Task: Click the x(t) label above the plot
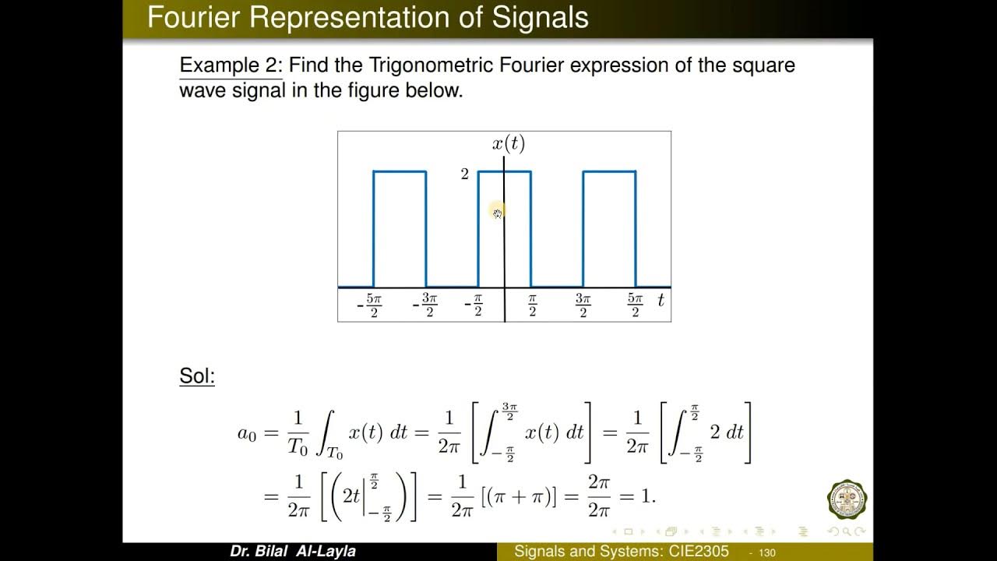509,144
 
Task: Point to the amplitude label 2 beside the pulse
464,174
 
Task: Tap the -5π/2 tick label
369,305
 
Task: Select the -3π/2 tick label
425,305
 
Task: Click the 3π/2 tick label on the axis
583,305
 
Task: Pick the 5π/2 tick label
636,305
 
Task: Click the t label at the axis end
661,300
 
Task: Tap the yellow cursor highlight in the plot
498,211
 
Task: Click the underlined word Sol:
197,376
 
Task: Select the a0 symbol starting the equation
247,433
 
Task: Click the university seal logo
847,499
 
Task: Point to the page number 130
766,552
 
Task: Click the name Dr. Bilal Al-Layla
293,552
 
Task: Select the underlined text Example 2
230,65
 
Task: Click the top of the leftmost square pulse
400,171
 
